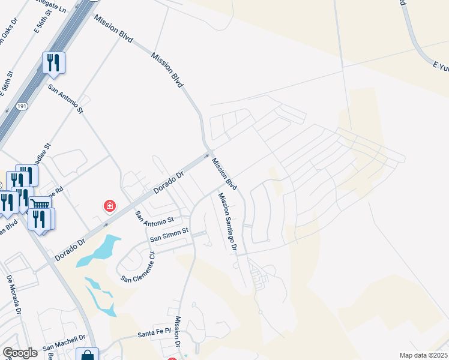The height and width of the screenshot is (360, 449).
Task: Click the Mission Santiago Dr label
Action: click(228, 223)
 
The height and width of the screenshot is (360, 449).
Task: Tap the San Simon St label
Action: click(169, 234)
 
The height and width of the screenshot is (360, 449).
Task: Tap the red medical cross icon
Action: click(110, 206)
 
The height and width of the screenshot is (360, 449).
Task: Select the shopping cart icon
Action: click(40, 205)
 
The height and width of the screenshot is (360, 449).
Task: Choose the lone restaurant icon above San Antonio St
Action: click(53, 62)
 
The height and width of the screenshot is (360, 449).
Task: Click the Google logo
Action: click(20, 353)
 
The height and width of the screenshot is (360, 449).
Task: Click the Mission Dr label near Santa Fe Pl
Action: click(178, 332)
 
